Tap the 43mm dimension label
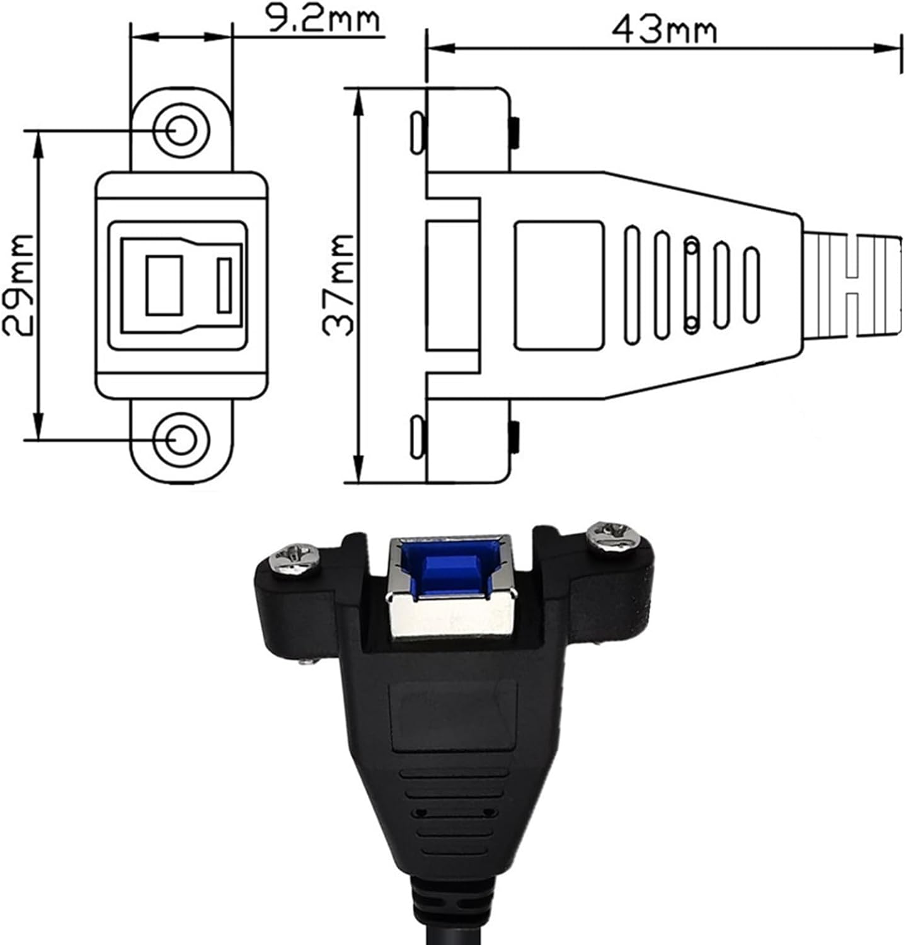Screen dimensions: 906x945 tap(664, 30)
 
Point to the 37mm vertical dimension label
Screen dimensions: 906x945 tap(338, 285)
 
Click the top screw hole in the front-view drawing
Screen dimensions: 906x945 tap(181, 131)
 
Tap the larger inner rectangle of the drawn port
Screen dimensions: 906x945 tap(164, 285)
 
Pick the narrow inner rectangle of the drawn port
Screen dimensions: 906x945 tap(224, 285)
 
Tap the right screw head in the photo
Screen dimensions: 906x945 tap(612, 538)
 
